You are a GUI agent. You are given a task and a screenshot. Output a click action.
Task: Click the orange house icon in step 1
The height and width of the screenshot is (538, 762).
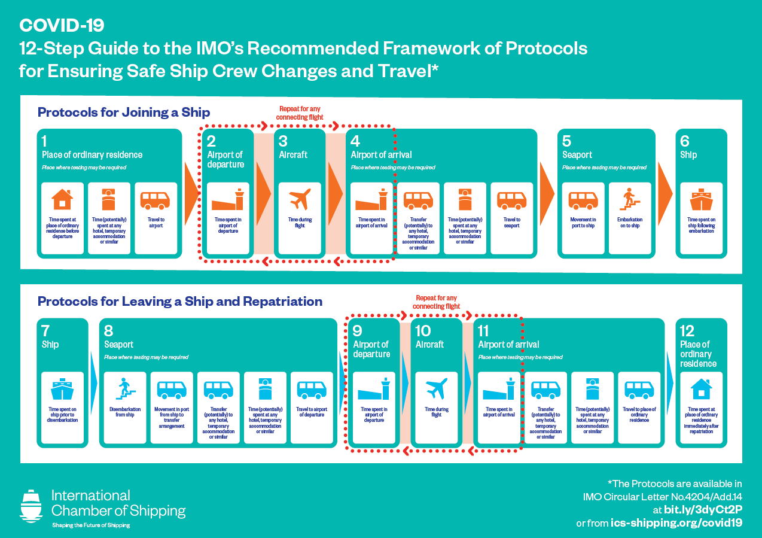62,199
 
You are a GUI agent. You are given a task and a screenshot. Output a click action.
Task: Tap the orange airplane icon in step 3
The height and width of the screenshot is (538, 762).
300,200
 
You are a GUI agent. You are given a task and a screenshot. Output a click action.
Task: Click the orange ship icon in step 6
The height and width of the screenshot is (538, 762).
701,200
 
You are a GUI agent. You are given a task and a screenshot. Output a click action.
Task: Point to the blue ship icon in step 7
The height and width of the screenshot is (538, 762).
62,389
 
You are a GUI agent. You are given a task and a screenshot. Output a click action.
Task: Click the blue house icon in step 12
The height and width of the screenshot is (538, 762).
701,389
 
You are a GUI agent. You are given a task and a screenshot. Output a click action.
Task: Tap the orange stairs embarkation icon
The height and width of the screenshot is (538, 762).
629,200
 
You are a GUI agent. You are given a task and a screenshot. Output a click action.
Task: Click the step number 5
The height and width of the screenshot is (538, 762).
567,141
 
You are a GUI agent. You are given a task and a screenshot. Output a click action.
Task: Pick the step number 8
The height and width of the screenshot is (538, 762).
108,331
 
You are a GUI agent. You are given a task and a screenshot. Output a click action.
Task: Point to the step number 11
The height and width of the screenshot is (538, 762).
483,331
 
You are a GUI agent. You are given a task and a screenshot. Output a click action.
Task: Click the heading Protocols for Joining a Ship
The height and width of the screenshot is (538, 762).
124,112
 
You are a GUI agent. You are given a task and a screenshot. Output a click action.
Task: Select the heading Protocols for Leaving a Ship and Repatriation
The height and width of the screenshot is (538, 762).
180,301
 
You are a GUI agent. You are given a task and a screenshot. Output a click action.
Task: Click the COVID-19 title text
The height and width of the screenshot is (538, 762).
62,25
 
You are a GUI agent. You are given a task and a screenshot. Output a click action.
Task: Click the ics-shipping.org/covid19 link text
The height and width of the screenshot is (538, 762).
676,522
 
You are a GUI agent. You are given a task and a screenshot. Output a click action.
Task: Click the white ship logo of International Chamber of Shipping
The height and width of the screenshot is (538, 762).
31,506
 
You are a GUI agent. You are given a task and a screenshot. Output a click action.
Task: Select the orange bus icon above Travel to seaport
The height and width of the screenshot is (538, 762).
511,200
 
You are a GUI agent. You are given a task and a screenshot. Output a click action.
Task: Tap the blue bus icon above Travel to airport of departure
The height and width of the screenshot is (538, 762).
312,389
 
